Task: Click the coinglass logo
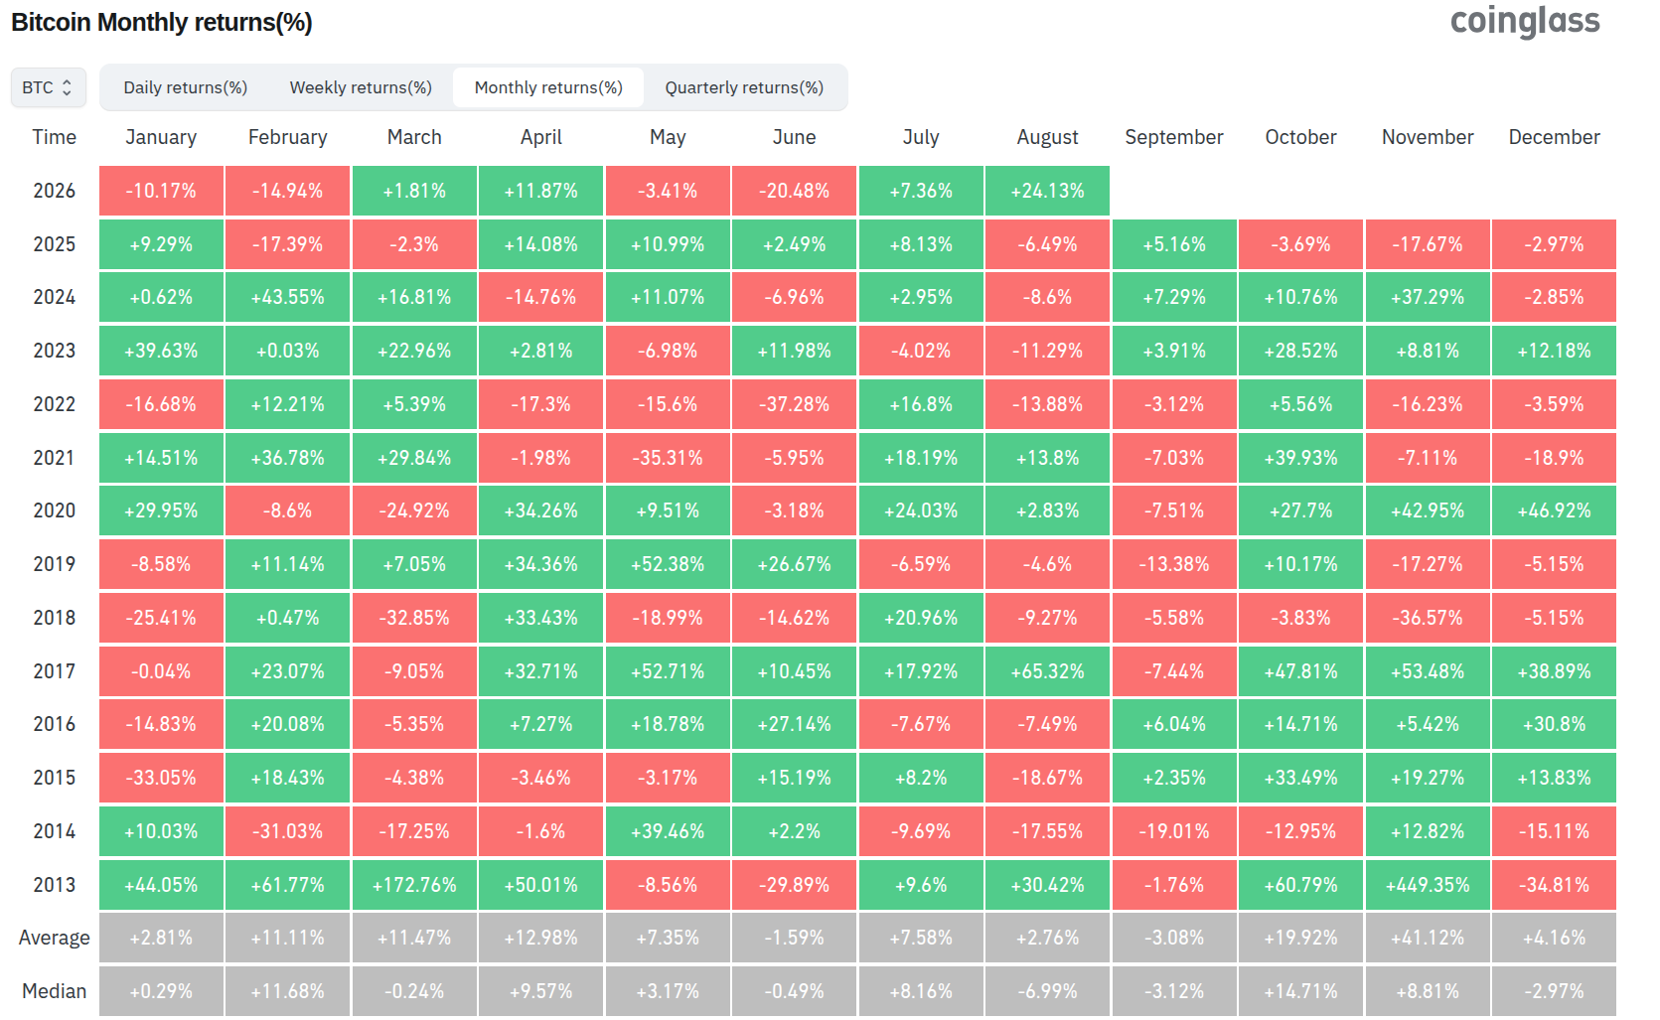tap(1524, 21)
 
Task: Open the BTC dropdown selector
tap(48, 87)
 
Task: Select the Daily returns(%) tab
tap(185, 87)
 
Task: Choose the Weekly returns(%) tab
tap(361, 87)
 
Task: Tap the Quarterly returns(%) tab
tap(744, 87)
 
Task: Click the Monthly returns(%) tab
tap(548, 87)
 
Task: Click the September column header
tap(1174, 137)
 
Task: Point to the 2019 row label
tap(54, 564)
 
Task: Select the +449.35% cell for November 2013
tap(1428, 885)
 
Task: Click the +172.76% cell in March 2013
tap(414, 885)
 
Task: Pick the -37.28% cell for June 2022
tap(794, 403)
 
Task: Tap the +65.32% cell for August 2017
tap(1047, 671)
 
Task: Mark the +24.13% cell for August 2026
tap(1047, 191)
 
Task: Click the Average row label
tap(54, 937)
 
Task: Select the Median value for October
tap(1300, 991)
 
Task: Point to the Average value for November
tap(1428, 937)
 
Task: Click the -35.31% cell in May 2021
tap(667, 458)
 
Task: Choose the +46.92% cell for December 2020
tap(1554, 510)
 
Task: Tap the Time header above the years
tap(54, 137)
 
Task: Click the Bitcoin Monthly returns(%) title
tap(162, 22)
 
